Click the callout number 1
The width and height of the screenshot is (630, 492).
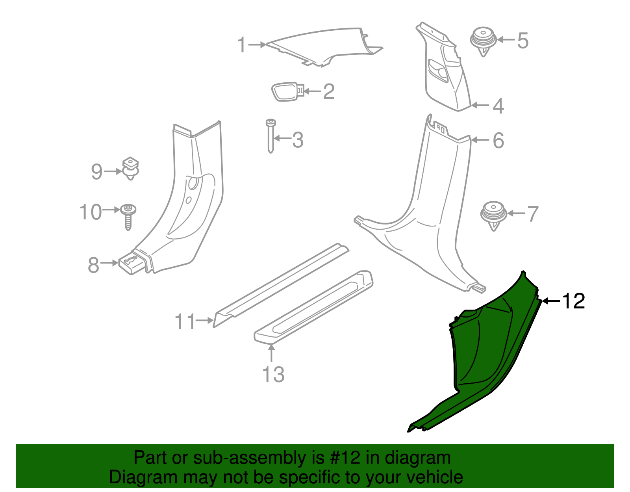point(242,45)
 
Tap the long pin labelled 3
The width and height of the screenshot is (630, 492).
point(271,136)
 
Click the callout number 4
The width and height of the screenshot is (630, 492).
point(498,106)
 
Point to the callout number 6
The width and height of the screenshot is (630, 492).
point(498,141)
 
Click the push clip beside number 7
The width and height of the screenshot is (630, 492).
point(493,215)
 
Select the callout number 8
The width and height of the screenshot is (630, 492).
point(93,265)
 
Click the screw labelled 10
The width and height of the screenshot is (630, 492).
point(128,216)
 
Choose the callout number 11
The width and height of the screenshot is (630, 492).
point(185,322)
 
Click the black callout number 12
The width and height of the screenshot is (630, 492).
point(573,301)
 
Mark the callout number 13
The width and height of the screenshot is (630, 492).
point(273,374)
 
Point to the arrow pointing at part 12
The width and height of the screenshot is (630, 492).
point(551,301)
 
